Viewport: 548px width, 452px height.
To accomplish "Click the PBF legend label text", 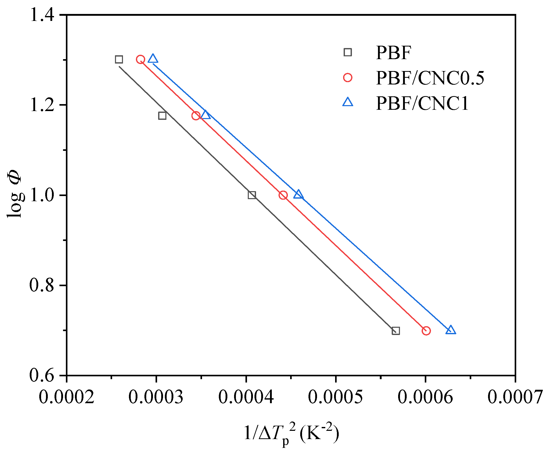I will coord(393,53).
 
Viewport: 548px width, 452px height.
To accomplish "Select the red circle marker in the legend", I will coord(348,77).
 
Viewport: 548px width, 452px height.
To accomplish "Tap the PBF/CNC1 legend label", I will coord(422,103).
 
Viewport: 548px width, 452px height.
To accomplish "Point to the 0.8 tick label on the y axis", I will coord(42,285).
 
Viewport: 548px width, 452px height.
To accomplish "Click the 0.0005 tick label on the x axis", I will coord(335,397).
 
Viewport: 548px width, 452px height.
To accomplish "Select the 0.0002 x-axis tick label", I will coord(66,397).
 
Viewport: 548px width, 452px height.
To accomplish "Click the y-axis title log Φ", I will coord(15,194).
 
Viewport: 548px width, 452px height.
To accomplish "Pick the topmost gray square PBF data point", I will coord(119,59).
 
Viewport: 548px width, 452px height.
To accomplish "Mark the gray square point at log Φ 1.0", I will coord(252,195).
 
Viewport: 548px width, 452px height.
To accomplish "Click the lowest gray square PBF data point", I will coord(395,331).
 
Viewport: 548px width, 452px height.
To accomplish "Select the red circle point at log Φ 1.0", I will coord(283,195).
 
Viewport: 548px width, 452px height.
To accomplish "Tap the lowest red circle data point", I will coord(426,331).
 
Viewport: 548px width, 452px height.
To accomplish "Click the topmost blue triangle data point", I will coord(153,59).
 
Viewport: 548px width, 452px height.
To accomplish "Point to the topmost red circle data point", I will coord(140,59).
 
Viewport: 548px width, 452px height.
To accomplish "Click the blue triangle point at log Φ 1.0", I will coord(298,194).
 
